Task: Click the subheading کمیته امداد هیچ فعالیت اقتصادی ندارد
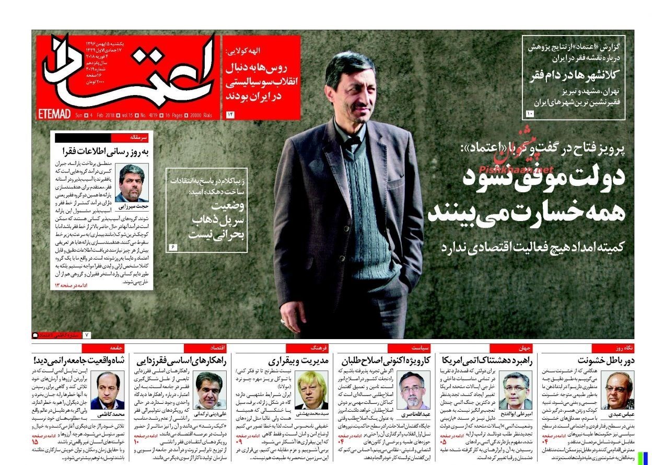tap(532, 247)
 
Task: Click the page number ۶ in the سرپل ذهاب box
tap(173, 246)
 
